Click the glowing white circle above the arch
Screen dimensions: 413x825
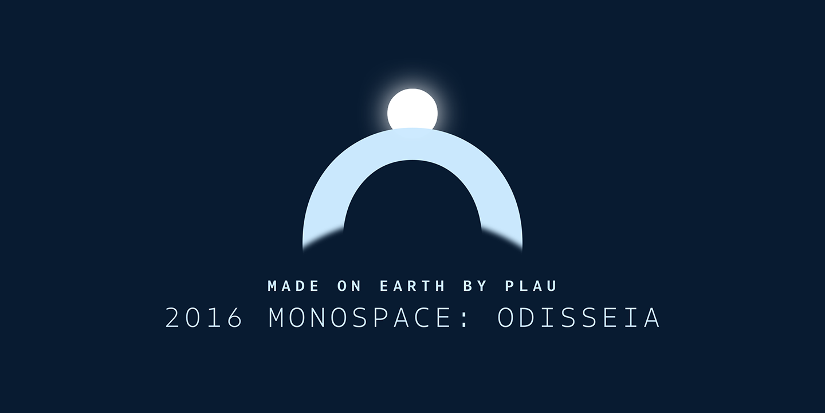412,111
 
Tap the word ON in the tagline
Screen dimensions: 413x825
348,286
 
